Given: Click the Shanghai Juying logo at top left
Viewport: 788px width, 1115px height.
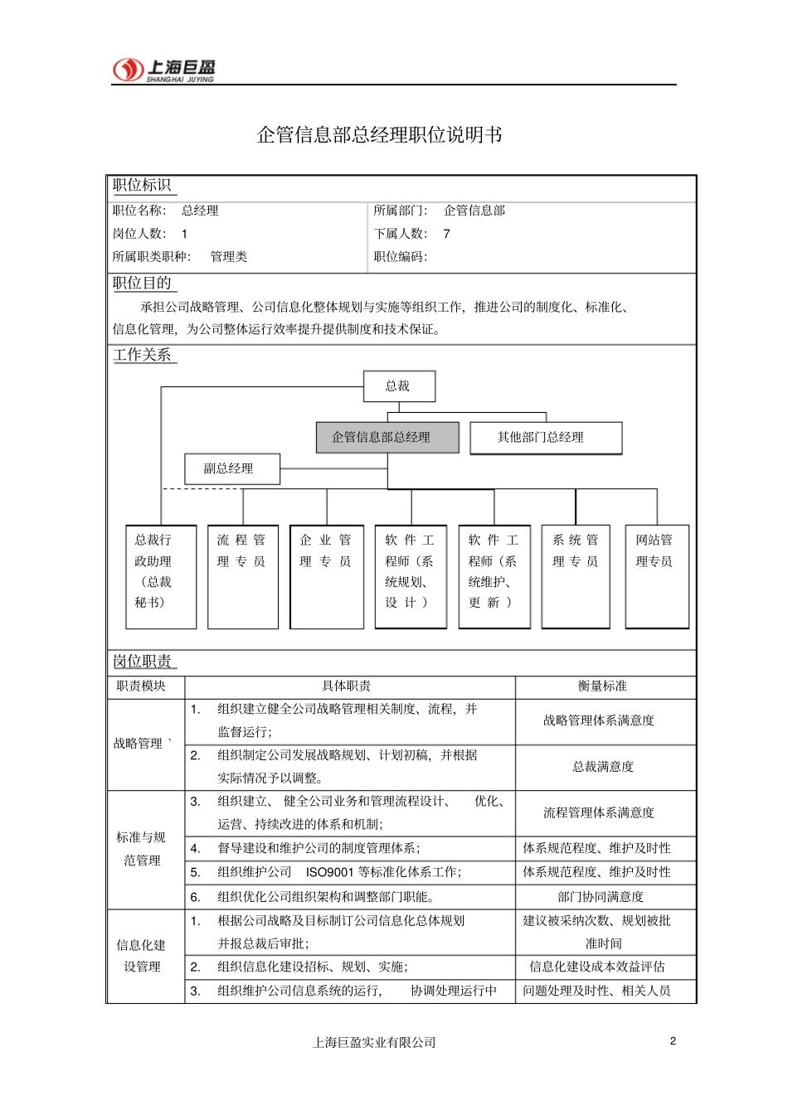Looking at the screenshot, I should (163, 70).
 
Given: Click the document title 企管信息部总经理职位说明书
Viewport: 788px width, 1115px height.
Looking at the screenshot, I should (379, 134).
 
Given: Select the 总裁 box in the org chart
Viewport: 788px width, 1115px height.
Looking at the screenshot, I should (398, 386).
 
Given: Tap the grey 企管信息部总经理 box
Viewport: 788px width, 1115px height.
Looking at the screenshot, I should (387, 437).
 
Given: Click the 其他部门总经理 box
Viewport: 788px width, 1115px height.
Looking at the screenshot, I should (545, 438).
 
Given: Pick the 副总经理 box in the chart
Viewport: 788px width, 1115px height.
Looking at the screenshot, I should (231, 468).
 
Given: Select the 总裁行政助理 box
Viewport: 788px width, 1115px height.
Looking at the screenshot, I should (161, 576).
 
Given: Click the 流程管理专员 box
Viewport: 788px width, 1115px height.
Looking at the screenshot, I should (242, 576).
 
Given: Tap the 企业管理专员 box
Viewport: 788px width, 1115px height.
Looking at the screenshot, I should (326, 576).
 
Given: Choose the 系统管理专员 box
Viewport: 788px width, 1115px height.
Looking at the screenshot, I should (576, 576).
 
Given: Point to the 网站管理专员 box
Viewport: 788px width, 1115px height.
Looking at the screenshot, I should (656, 576).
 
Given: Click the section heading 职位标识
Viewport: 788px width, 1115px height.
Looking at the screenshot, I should (142, 186).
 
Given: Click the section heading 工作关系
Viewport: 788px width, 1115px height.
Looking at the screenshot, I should (143, 355).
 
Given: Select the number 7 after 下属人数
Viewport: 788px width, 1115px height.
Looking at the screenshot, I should (446, 234).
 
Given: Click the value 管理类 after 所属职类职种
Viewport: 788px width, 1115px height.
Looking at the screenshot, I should (229, 257).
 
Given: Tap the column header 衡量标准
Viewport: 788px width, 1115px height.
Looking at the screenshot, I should (602, 686).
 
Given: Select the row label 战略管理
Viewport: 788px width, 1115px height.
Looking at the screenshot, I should (139, 744).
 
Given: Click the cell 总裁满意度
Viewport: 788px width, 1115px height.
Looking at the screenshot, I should (602, 767).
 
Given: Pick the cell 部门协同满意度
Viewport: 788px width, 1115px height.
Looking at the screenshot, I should (601, 896).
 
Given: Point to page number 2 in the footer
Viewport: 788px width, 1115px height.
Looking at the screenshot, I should (673, 1040).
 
